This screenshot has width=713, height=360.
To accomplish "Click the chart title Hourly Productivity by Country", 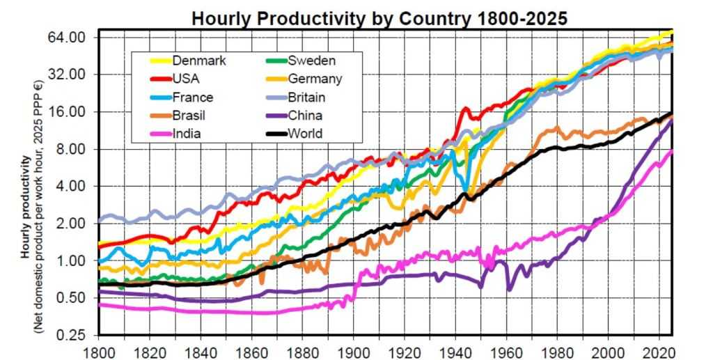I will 379,17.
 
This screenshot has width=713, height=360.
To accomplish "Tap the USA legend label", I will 186,79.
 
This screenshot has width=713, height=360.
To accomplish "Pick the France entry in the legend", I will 193,97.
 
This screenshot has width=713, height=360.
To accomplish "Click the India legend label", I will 187,133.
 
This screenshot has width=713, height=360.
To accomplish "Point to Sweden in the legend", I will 311,61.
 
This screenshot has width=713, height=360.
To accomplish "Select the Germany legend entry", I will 315,79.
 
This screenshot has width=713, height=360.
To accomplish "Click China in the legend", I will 305,115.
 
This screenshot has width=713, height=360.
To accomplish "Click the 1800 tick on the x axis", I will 98,352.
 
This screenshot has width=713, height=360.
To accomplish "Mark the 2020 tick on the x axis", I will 659,352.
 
